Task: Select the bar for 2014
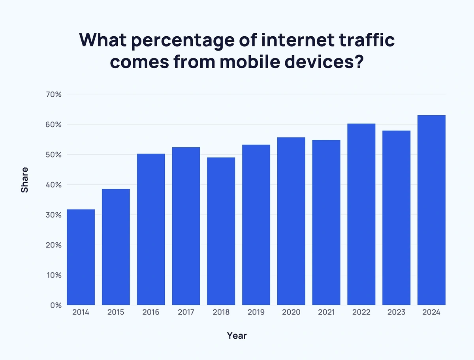click(x=81, y=257)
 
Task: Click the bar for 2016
click(x=151, y=229)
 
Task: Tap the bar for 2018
click(x=221, y=231)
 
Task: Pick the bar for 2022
click(x=361, y=214)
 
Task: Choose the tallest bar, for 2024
click(x=431, y=210)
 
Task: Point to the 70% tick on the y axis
click(x=53, y=94)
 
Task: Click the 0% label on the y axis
click(x=56, y=305)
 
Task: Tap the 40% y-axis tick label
click(x=53, y=185)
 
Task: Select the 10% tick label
click(x=54, y=275)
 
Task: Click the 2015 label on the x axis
click(x=116, y=312)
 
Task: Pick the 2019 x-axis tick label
click(x=256, y=312)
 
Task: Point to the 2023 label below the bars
click(x=396, y=312)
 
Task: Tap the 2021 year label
click(x=326, y=312)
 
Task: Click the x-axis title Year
click(x=237, y=336)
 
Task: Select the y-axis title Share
click(x=24, y=180)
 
